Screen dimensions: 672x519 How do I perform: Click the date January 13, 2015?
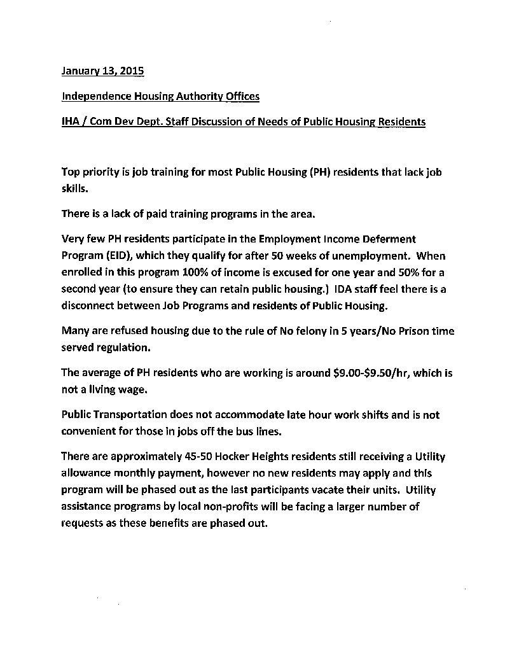(x=102, y=71)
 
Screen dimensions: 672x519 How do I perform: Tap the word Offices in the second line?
(x=242, y=97)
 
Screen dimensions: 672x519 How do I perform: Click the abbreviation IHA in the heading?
(x=71, y=122)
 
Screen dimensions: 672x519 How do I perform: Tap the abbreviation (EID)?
(x=118, y=256)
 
